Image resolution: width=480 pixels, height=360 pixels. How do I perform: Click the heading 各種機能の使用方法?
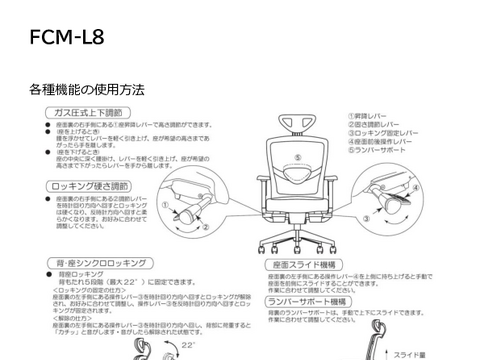[86, 90]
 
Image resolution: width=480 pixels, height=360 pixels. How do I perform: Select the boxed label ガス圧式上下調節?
[94, 115]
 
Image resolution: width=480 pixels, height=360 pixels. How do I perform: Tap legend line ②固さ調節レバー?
[374, 124]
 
